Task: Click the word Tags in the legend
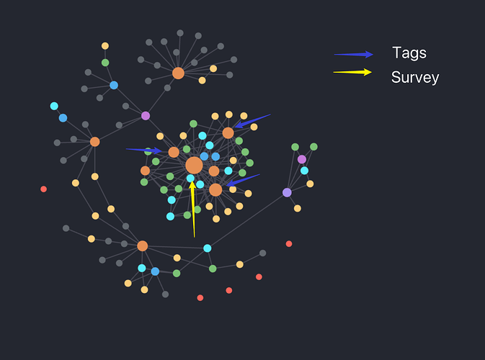pyautogui.click(x=409, y=53)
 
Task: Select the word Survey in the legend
pyautogui.click(x=415, y=78)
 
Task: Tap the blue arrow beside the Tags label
pyautogui.click(x=354, y=54)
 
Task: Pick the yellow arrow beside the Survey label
pyautogui.click(x=352, y=72)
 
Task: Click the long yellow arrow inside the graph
pyautogui.click(x=193, y=209)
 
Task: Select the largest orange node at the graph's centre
pyautogui.click(x=194, y=165)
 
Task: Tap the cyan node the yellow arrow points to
pyautogui.click(x=190, y=178)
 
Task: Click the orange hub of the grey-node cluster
pyautogui.click(x=178, y=73)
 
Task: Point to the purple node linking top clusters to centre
pyautogui.click(x=146, y=115)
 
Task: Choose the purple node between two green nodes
pyautogui.click(x=302, y=159)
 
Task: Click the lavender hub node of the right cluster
pyautogui.click(x=287, y=192)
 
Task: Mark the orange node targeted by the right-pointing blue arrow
pyautogui.click(x=174, y=153)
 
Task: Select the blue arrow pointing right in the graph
pyautogui.click(x=144, y=150)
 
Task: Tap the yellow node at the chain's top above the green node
pyautogui.click(x=105, y=46)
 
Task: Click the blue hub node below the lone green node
pyautogui.click(x=114, y=85)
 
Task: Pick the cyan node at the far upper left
pyautogui.click(x=54, y=106)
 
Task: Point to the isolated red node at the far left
pyautogui.click(x=44, y=189)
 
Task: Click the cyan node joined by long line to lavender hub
pyautogui.click(x=208, y=248)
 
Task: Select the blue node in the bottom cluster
pyautogui.click(x=155, y=271)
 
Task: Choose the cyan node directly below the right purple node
pyautogui.click(x=304, y=171)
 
